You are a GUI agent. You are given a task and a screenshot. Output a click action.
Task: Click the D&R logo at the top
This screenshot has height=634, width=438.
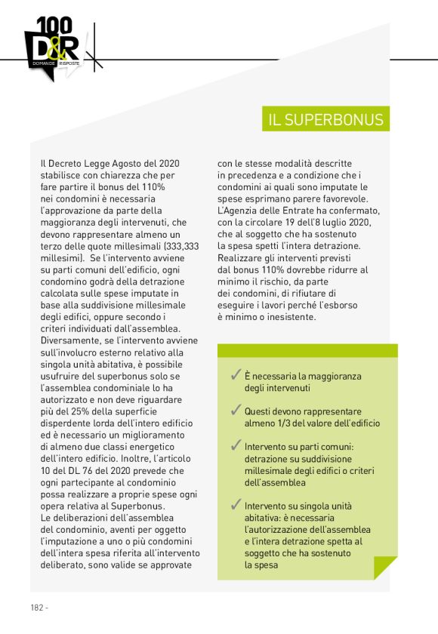[51, 50]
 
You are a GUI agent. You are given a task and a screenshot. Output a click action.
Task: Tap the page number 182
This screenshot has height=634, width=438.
[37, 607]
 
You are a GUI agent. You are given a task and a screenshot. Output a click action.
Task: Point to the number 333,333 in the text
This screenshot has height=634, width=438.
[182, 246]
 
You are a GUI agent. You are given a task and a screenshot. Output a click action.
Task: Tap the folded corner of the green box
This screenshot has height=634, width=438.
[385, 568]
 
